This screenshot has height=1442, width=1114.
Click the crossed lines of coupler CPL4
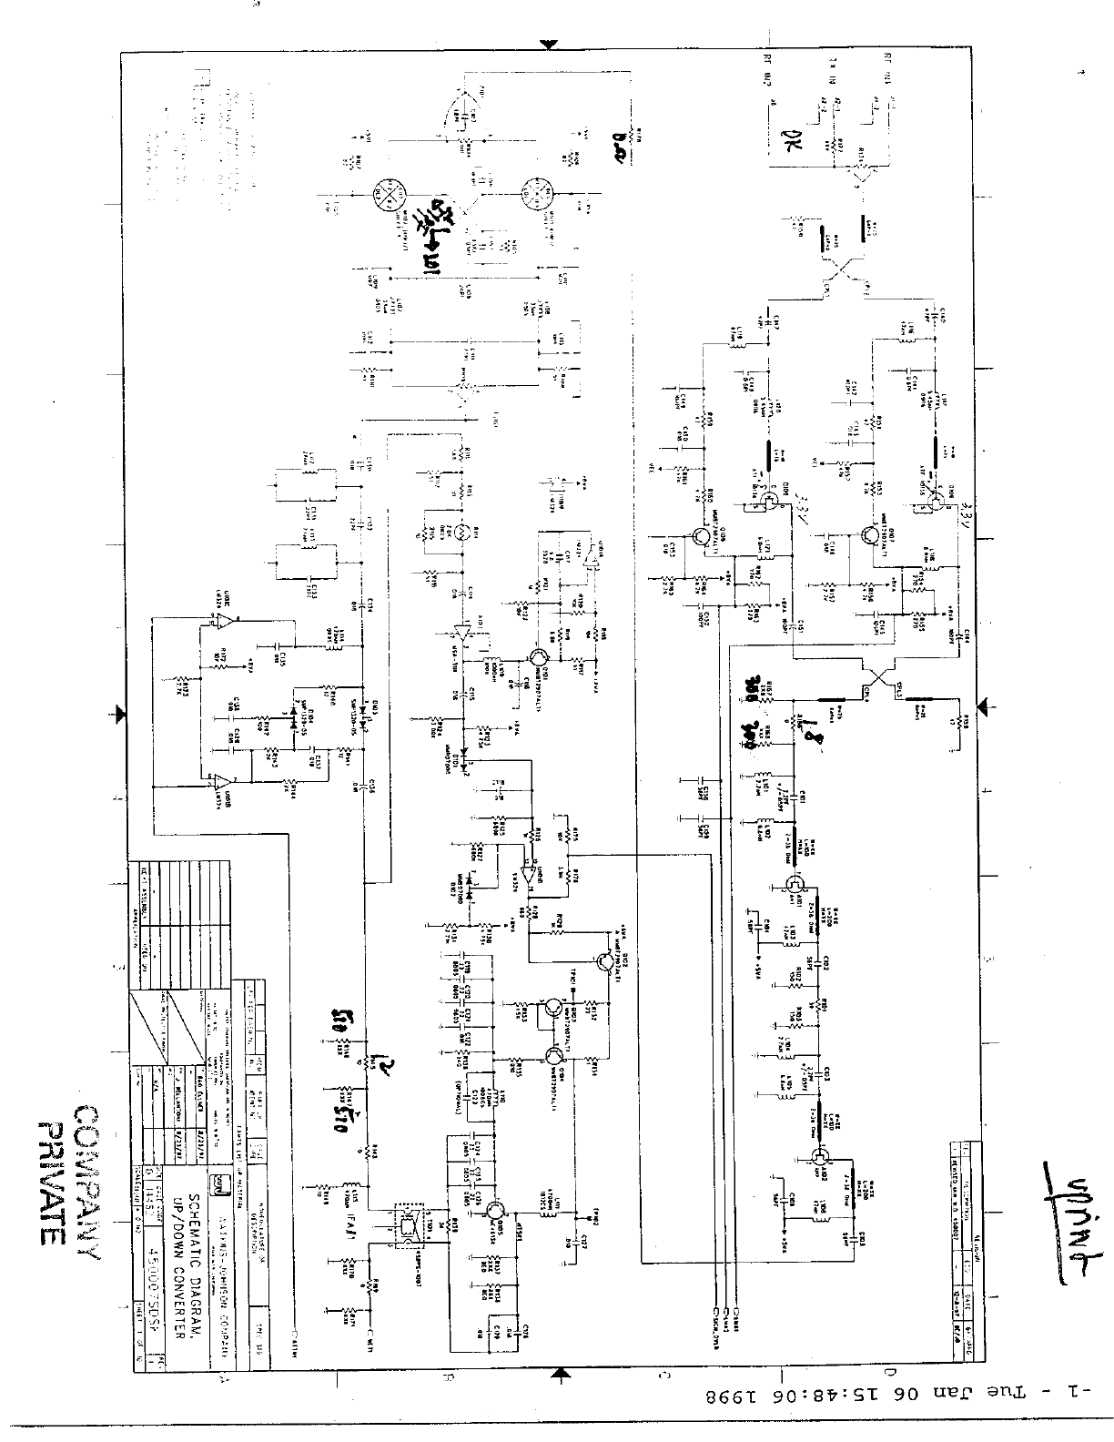click(x=879, y=679)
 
